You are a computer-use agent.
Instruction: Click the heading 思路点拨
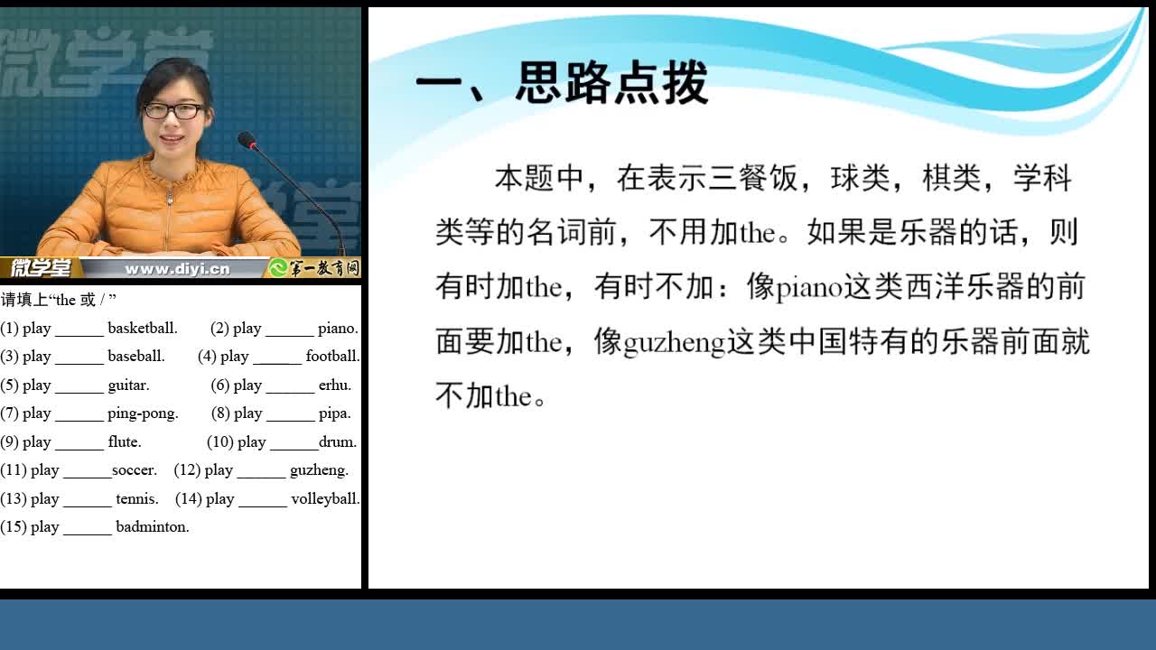(x=612, y=82)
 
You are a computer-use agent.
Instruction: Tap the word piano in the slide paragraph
(x=809, y=288)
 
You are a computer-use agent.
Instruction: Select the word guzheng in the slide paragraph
(x=675, y=343)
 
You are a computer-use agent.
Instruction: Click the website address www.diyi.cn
(x=177, y=269)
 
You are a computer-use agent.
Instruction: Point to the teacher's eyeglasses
(x=173, y=110)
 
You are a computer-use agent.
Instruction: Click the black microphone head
(x=247, y=140)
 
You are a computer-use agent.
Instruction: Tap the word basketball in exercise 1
(x=143, y=328)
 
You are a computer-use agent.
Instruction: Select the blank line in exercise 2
(x=290, y=335)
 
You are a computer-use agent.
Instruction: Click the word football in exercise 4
(x=332, y=356)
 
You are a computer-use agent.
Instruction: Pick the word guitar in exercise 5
(x=128, y=385)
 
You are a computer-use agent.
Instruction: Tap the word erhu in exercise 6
(x=335, y=385)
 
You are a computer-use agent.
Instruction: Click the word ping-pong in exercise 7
(x=143, y=413)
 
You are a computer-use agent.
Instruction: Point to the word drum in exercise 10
(x=338, y=442)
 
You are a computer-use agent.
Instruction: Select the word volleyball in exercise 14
(x=325, y=499)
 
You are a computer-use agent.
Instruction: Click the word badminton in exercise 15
(x=153, y=526)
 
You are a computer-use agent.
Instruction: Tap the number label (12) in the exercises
(x=187, y=470)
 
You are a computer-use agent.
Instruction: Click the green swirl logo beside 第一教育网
(x=278, y=268)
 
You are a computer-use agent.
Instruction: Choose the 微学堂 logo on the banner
(x=41, y=268)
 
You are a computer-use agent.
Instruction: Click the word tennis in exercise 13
(x=137, y=499)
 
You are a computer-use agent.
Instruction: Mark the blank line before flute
(x=79, y=449)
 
